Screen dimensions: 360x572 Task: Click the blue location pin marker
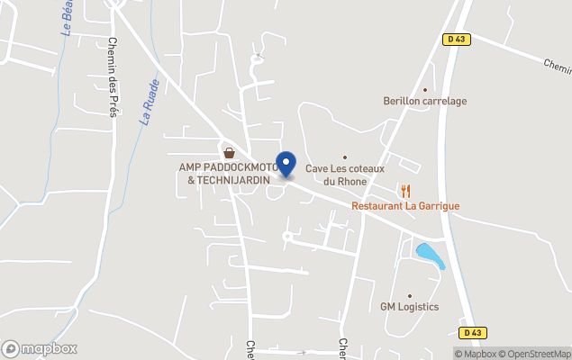tap(286, 164)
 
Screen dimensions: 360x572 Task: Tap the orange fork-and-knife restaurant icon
tap(406, 190)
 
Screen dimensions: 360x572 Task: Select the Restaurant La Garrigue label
tap(405, 206)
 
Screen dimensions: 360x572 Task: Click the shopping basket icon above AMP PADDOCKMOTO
tap(229, 152)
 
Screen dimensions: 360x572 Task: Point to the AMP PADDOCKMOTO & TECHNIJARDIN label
tap(229, 174)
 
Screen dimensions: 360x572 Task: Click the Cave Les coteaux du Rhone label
tap(344, 174)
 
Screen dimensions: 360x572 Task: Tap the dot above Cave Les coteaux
tap(344, 157)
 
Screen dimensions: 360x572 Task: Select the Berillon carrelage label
tap(425, 101)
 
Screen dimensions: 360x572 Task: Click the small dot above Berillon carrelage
tap(425, 89)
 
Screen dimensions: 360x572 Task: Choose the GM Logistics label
tap(409, 307)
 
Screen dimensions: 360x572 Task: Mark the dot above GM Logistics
tap(409, 295)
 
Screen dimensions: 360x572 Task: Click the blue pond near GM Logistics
tap(430, 255)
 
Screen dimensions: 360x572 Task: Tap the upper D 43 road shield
tap(456, 38)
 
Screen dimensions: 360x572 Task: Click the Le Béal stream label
tap(68, 18)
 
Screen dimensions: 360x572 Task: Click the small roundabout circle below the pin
tap(287, 237)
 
